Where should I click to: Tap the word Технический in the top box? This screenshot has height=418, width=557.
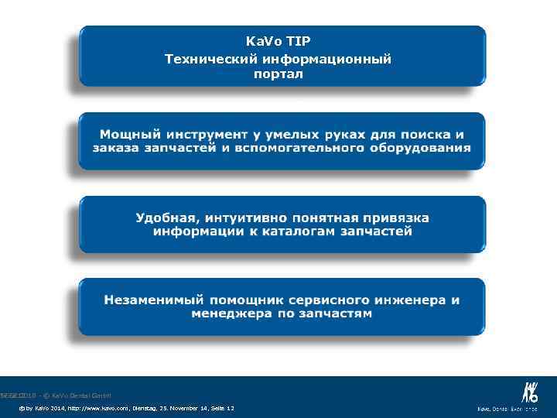pos(210,58)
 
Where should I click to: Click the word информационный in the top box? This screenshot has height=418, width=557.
pos(325,58)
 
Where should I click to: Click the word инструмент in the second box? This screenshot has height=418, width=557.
pos(205,134)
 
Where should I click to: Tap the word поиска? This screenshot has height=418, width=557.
pos(422,134)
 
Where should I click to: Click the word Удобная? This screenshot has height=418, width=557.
pos(166,218)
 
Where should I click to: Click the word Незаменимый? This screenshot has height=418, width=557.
pos(152,300)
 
